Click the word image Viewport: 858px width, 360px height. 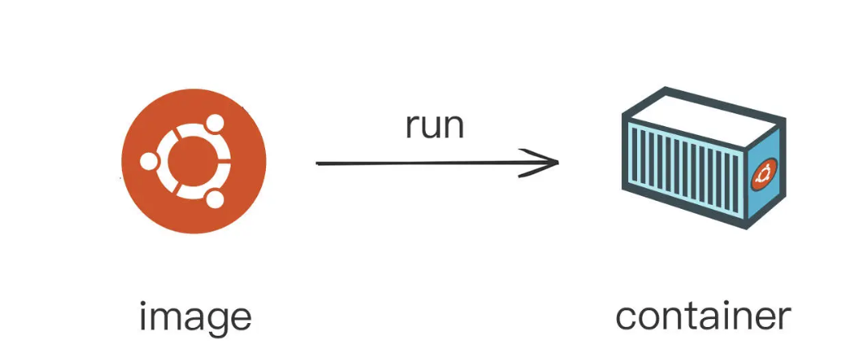[x=195, y=318]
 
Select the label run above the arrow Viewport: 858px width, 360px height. [x=435, y=125]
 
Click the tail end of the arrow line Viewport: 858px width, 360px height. [x=318, y=164]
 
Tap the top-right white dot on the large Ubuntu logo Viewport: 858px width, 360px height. [x=214, y=123]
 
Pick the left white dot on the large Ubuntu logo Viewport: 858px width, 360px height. [x=149, y=161]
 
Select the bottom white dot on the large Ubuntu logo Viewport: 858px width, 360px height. [x=214, y=198]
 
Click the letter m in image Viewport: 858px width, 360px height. [x=165, y=317]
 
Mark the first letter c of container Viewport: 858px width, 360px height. [x=627, y=317]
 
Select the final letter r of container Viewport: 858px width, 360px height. [x=783, y=317]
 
